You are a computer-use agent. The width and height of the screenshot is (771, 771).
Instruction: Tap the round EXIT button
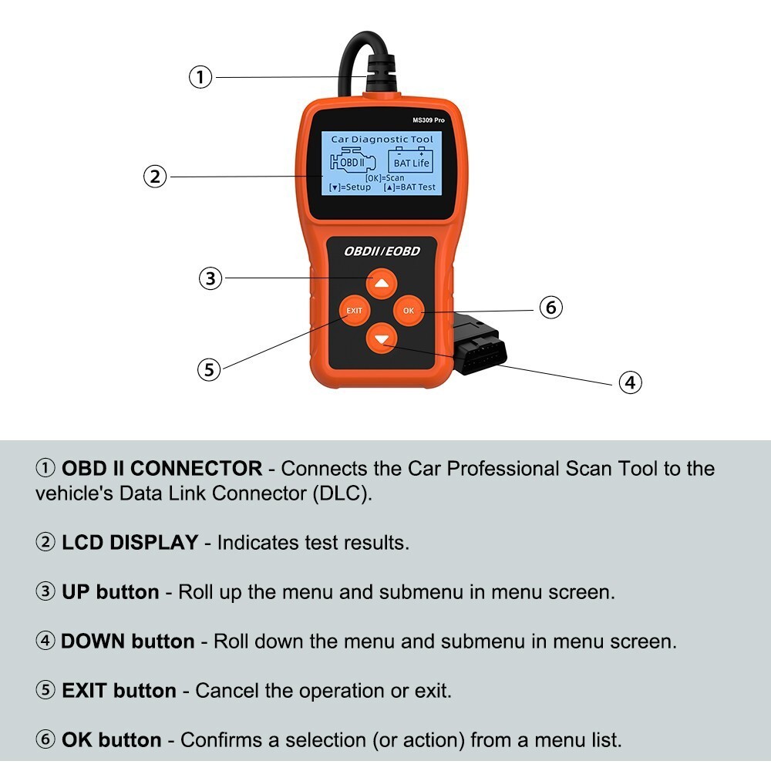click(x=354, y=311)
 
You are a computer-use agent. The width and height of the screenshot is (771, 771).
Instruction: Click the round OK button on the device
click(x=409, y=311)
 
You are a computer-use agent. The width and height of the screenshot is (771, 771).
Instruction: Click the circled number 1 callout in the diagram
click(x=200, y=77)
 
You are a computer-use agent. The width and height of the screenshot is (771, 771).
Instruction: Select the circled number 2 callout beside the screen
click(x=155, y=177)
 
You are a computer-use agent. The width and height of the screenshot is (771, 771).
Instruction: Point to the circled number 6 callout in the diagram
click(x=550, y=307)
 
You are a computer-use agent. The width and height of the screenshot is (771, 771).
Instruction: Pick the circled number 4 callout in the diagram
click(x=631, y=382)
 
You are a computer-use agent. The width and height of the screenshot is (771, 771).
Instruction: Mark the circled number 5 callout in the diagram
click(x=208, y=369)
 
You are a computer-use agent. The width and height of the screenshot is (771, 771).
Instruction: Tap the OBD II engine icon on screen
click(x=352, y=162)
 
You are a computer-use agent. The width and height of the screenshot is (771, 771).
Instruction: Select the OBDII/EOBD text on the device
click(x=382, y=252)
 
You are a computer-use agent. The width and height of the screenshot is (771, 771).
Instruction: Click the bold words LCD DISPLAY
click(x=130, y=543)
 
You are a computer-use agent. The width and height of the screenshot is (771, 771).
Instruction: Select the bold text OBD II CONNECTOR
click(x=162, y=469)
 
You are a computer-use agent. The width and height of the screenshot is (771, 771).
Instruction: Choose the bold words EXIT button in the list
click(x=119, y=691)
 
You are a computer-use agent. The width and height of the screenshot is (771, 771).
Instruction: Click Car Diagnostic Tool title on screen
click(x=382, y=140)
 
